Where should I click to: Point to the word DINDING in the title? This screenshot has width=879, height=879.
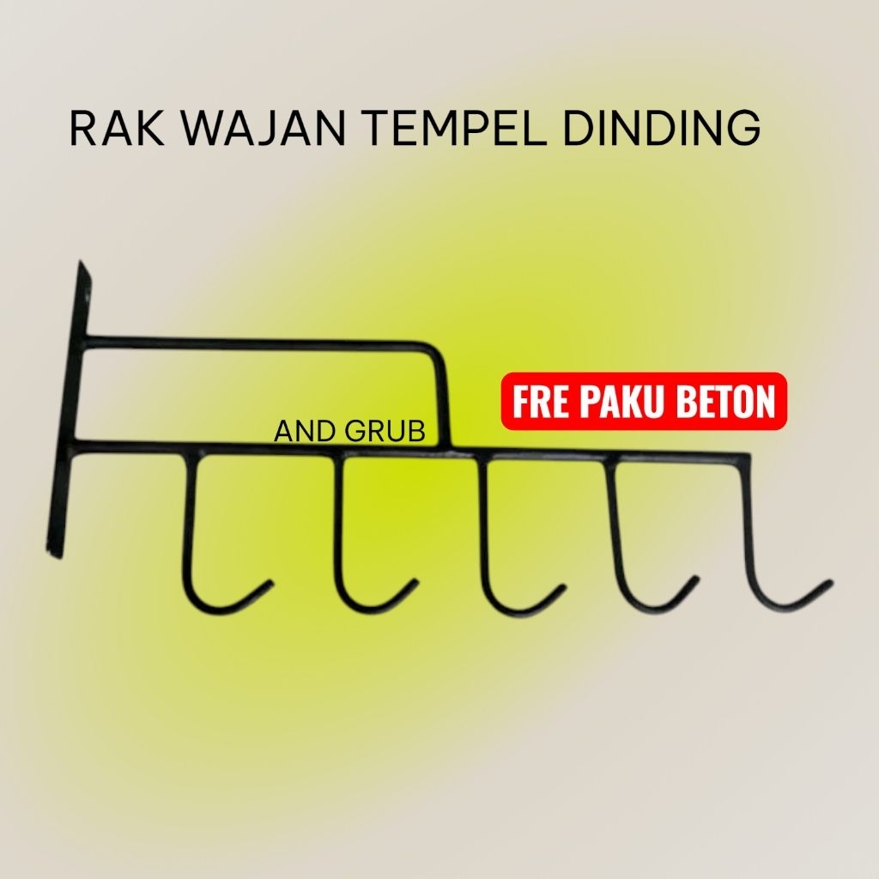click(662, 129)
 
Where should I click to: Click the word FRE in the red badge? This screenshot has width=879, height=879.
click(539, 402)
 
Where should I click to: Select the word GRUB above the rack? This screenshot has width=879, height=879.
click(385, 432)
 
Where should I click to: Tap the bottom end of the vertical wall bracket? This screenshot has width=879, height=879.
click(54, 552)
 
